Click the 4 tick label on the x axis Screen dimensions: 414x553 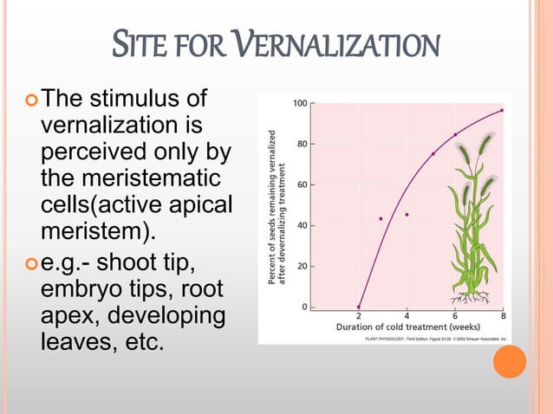coord(407,315)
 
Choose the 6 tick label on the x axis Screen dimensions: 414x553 coord(455,315)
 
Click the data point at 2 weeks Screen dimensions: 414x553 coord(359,307)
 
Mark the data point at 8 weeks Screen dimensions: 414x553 coord(503,110)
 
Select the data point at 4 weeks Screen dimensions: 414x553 coord(407,214)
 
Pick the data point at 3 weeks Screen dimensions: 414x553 coord(381,218)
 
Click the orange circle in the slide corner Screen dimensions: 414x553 coord(510,361)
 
